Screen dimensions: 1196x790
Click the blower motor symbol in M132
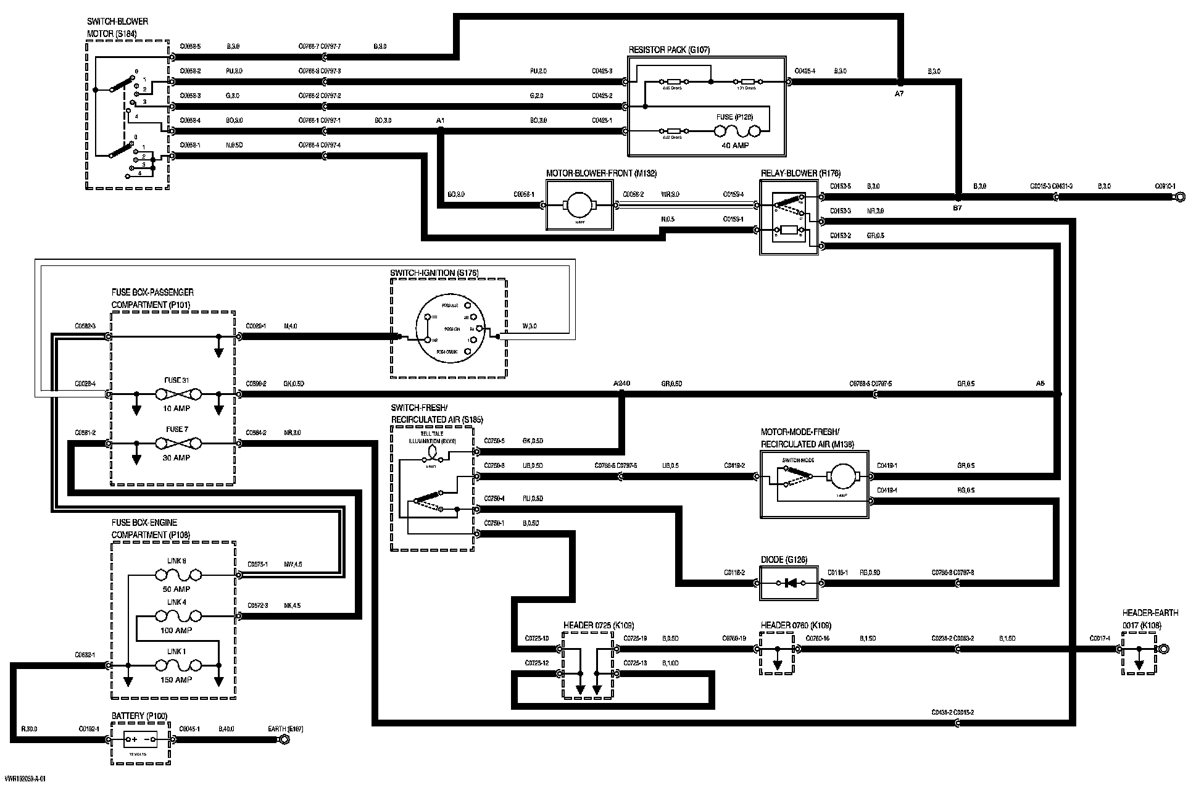click(x=579, y=204)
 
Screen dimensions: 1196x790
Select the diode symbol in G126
click(x=789, y=583)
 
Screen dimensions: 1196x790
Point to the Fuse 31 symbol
click(x=176, y=394)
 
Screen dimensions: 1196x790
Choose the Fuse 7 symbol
click(x=176, y=443)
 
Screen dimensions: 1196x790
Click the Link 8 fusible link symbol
click(x=176, y=575)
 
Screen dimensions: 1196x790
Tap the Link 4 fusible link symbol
click(x=176, y=616)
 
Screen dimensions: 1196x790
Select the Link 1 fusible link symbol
click(x=176, y=665)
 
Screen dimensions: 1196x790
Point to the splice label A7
click(x=899, y=93)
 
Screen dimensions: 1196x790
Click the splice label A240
click(x=621, y=383)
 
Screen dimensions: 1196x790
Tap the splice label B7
click(x=957, y=209)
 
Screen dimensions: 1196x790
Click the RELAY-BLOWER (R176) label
click(x=800, y=173)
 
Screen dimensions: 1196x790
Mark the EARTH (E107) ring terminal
click(x=284, y=739)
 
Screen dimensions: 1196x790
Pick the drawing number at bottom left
click(x=24, y=779)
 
